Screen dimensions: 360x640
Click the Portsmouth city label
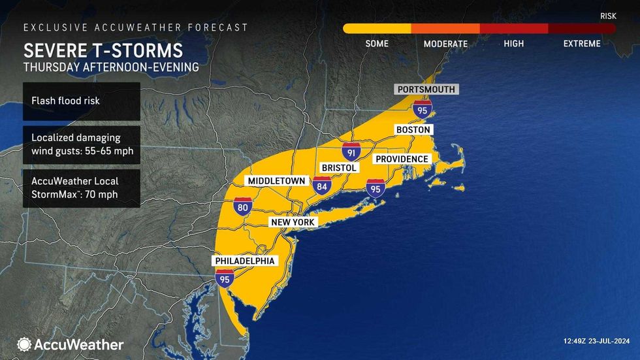(426, 90)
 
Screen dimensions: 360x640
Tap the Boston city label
(413, 130)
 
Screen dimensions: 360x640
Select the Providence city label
(401, 159)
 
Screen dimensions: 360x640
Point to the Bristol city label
(338, 168)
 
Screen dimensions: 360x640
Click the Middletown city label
(275, 180)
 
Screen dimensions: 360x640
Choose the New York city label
(293, 222)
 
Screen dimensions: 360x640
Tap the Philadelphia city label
(246, 261)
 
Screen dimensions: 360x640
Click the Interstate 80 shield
(244, 206)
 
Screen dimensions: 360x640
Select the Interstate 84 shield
(323, 185)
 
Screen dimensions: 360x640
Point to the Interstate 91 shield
(351, 152)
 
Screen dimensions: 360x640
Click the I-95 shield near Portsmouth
(422, 110)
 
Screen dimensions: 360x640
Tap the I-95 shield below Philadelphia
(225, 278)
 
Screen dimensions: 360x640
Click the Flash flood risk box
(82, 101)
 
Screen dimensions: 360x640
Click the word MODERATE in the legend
(445, 44)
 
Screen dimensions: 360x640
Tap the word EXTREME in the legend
(582, 44)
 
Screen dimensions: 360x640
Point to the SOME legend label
(377, 44)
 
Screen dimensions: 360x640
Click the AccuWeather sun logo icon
(25, 344)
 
